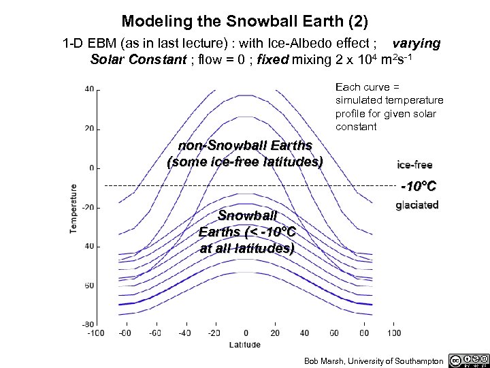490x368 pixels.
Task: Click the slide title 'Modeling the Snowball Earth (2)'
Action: point(245,22)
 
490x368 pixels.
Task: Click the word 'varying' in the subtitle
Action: point(416,44)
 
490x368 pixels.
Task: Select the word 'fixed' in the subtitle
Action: point(272,59)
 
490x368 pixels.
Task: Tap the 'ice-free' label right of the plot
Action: point(414,165)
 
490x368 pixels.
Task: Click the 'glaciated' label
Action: point(417,204)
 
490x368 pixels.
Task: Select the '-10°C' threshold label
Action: point(418,185)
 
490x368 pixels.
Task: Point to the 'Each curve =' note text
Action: point(367,87)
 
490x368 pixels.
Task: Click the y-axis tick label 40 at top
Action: point(89,89)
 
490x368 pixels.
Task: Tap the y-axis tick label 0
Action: point(91,168)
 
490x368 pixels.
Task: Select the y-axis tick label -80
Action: point(88,324)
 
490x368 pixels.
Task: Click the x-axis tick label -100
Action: point(95,333)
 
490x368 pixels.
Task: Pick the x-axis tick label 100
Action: point(394,333)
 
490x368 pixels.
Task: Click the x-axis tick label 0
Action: point(246,333)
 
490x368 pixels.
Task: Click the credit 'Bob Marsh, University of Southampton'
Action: point(374,361)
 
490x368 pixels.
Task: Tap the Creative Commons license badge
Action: point(469,360)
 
